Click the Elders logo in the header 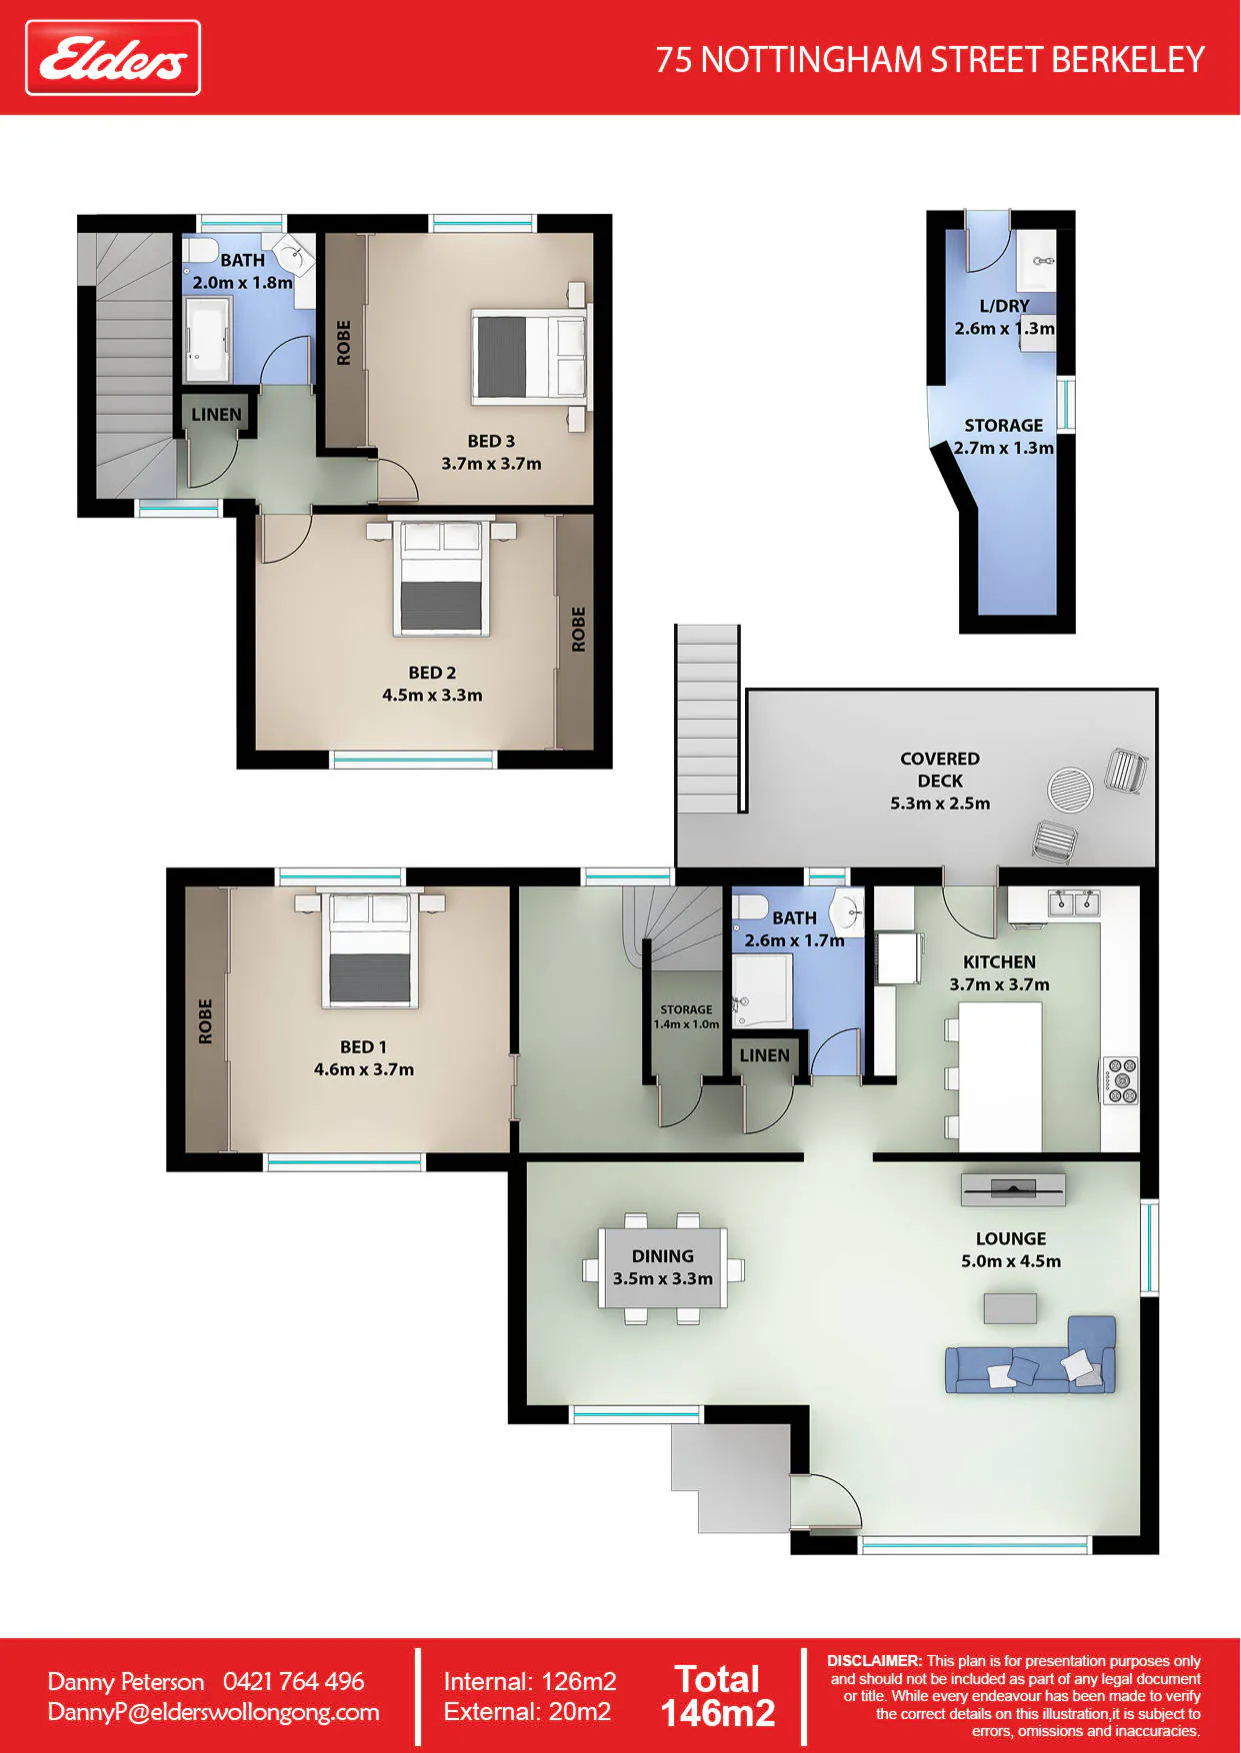[113, 58]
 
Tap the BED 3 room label [491, 441]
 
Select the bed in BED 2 [441, 577]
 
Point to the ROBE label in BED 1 [205, 1021]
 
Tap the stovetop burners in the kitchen [1120, 1080]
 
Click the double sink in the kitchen [1073, 903]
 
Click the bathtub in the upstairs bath [207, 340]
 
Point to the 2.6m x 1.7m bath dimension [794, 940]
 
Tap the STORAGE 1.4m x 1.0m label [686, 1016]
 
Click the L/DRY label [1004, 306]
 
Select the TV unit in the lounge [1013, 1189]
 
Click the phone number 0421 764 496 [294, 1681]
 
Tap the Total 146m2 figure [718, 1696]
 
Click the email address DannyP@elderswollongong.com [214, 1712]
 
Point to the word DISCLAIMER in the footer [874, 1661]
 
